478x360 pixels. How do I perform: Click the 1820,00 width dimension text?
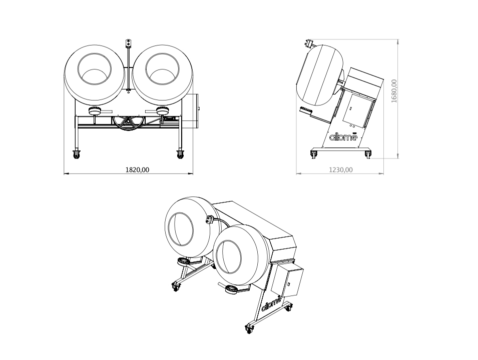point(137,169)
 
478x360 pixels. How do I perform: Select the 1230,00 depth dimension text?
point(341,169)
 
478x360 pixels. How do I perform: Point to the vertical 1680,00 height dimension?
point(394,91)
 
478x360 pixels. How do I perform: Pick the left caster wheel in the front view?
point(77,154)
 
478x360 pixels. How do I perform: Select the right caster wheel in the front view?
point(180,154)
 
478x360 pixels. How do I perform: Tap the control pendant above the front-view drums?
point(129,43)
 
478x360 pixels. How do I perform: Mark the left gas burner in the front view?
point(95,111)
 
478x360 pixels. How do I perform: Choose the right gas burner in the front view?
point(163,111)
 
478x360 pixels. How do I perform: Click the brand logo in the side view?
point(343,136)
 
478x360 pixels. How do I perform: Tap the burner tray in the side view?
point(309,112)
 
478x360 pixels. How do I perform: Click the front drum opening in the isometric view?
point(229,257)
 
